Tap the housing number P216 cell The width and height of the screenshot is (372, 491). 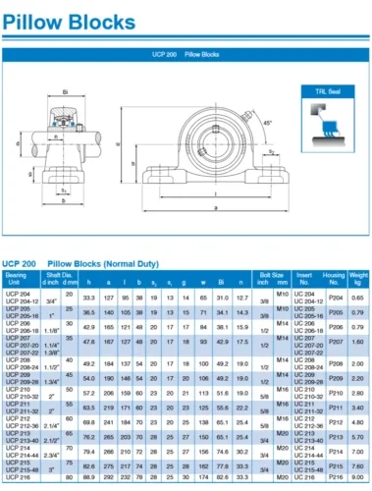click(335, 475)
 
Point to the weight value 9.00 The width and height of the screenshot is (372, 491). click(358, 475)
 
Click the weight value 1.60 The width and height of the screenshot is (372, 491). click(358, 341)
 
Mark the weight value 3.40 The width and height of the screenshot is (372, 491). click(358, 407)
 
